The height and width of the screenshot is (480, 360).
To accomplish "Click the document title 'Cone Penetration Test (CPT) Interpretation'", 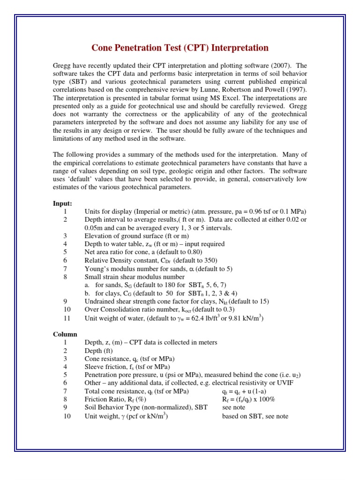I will (180, 48).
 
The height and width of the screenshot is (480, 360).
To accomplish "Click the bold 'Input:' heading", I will (62, 203).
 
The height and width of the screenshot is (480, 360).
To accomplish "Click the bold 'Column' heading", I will (64, 334).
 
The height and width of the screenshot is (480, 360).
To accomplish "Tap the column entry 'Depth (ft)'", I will (98, 351).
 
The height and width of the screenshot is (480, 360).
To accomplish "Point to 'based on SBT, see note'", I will (255, 416).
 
